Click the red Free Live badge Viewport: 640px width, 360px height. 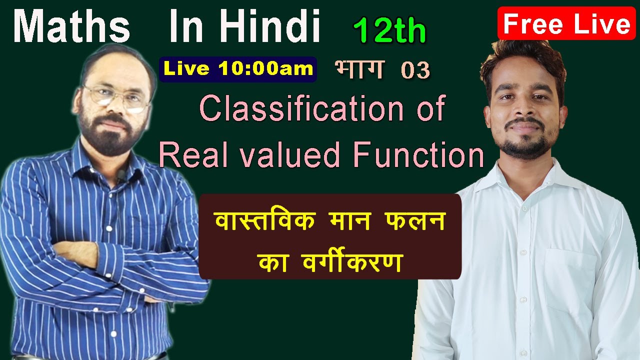[x=566, y=24]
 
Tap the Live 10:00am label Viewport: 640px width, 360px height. [x=238, y=69]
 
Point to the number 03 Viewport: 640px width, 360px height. [x=415, y=71]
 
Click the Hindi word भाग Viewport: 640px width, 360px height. [x=359, y=69]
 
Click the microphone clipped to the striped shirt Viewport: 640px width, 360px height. [x=120, y=175]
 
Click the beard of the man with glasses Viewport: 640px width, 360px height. [x=112, y=137]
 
